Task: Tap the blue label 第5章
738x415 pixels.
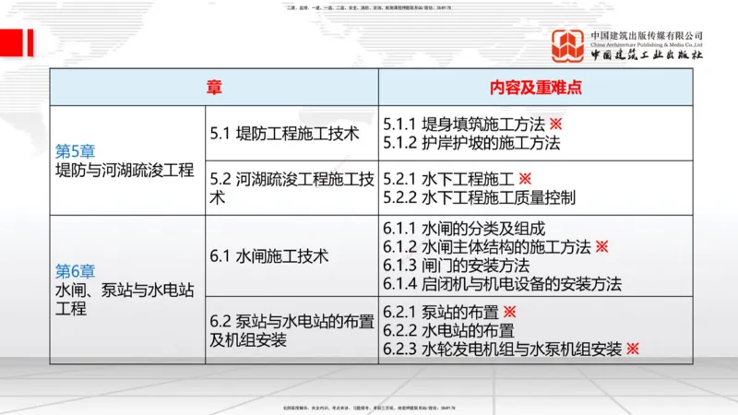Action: [x=76, y=150]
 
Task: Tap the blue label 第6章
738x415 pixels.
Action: [x=76, y=271]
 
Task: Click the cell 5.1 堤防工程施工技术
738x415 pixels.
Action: [x=284, y=133]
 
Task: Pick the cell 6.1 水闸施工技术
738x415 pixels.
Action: [x=269, y=255]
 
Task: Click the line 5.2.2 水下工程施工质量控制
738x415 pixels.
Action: [x=480, y=196]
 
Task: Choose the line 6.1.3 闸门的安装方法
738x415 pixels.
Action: [x=457, y=265]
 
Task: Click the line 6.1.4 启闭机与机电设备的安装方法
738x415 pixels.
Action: [x=503, y=283]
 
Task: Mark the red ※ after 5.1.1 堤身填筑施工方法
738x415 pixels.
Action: [x=555, y=125]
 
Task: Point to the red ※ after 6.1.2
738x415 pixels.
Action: [x=601, y=246]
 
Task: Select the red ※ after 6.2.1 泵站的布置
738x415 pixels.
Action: [x=509, y=313]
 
